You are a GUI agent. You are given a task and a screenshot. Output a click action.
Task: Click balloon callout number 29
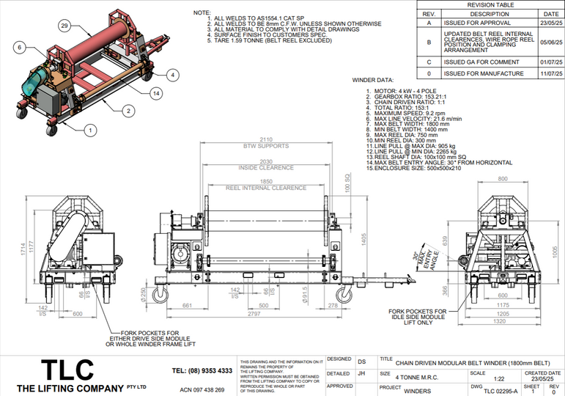point(64,26)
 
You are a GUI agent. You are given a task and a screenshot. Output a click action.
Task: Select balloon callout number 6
point(18,47)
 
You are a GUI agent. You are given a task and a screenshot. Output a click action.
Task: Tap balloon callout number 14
point(156,92)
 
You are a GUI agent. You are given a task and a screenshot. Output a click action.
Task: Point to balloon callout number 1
point(91,130)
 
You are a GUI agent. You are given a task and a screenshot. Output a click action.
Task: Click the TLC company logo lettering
point(67,369)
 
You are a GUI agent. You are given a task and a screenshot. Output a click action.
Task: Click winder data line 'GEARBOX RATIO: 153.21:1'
point(409,96)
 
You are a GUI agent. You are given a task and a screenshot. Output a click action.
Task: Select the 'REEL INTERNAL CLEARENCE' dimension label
point(265,188)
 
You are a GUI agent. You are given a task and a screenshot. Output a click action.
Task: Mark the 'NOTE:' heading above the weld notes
point(202,13)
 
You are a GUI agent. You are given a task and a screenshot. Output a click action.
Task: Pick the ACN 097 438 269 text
point(202,390)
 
